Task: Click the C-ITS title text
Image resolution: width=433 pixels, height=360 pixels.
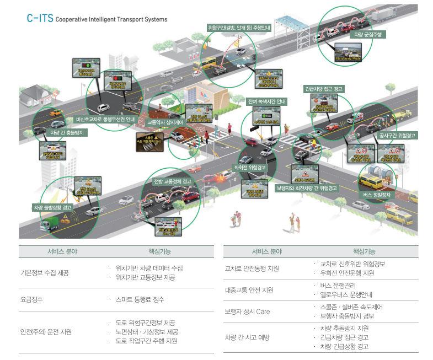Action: [x=40, y=18]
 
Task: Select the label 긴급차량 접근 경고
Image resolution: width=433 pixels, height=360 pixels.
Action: [x=324, y=88]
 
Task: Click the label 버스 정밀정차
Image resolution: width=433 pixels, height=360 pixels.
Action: [x=377, y=195]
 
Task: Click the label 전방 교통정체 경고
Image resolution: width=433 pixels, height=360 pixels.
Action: [x=173, y=181]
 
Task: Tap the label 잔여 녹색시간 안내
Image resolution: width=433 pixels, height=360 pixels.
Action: [x=266, y=101]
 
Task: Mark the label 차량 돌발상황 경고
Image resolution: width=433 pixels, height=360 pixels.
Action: [x=52, y=207]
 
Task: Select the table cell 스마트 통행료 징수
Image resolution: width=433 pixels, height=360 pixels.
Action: [x=140, y=299]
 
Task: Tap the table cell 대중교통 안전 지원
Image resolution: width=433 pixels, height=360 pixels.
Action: [x=249, y=289]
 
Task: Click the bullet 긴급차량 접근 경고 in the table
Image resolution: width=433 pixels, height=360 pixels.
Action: [x=344, y=337]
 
